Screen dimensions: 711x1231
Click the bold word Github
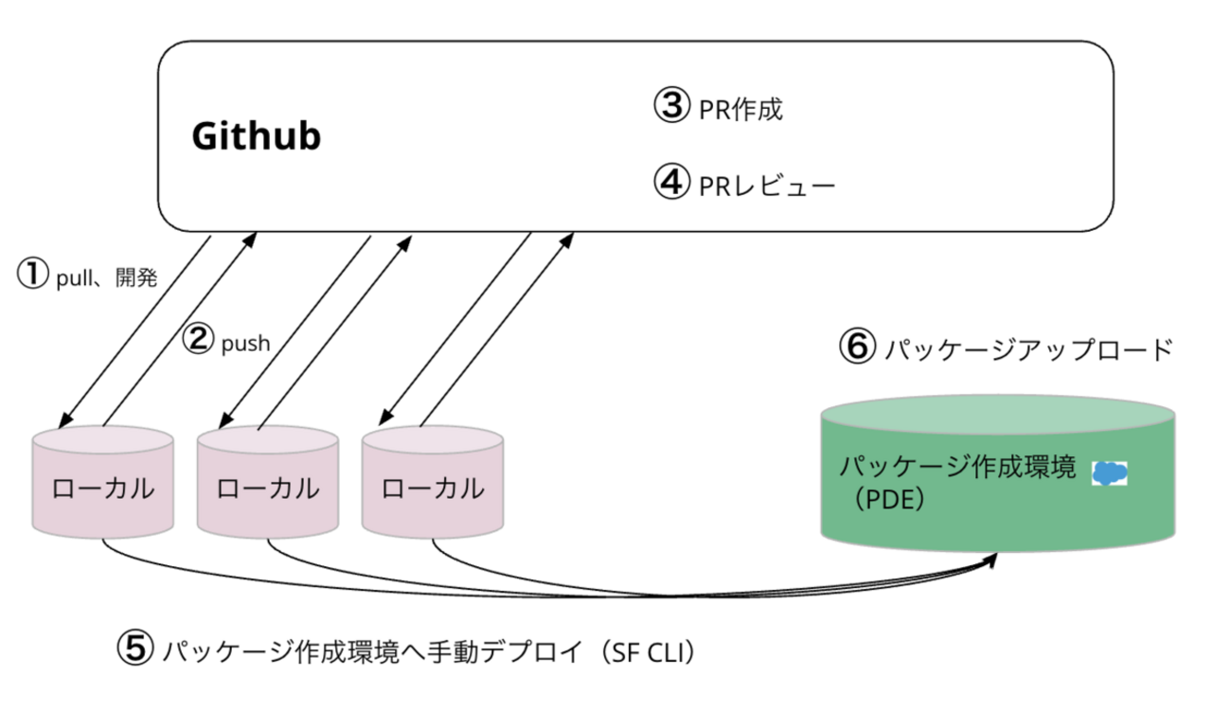coord(256,137)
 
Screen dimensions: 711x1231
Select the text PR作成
coord(741,110)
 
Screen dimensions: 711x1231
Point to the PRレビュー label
coord(767,184)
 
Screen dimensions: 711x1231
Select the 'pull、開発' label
coord(106,277)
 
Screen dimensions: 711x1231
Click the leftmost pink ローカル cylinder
coord(102,489)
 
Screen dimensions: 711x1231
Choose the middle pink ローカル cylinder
coord(267,489)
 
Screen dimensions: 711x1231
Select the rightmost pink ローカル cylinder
coord(432,489)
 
